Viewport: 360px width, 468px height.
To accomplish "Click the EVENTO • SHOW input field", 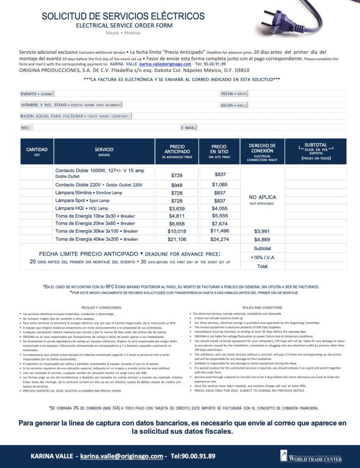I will coord(136,94).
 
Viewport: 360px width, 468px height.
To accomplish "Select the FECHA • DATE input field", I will coord(297,94).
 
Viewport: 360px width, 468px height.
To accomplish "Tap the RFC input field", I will coord(105,127).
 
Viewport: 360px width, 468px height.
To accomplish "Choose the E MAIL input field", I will coord(271,127).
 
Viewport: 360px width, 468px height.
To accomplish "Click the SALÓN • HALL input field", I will coord(297,105).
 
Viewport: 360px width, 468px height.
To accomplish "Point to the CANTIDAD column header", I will coord(37,152).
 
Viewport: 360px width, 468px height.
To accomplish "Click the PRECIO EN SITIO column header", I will coord(219,152).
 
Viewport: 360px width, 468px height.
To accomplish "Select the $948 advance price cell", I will coord(177,185).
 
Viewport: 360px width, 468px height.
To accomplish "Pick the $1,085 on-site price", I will coord(219,185).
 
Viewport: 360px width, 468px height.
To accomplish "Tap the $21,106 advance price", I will coord(177,239).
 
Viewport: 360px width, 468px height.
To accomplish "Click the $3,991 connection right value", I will coord(262,231).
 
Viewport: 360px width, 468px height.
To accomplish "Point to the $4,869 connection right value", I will coord(262,239).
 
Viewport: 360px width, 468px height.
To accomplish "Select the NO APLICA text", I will coord(262,197).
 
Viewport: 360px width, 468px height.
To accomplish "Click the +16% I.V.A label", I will coord(262,257).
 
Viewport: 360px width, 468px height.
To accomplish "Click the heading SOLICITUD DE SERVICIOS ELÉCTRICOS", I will coord(123,16).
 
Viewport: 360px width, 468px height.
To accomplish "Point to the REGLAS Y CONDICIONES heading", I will coord(101,307).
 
